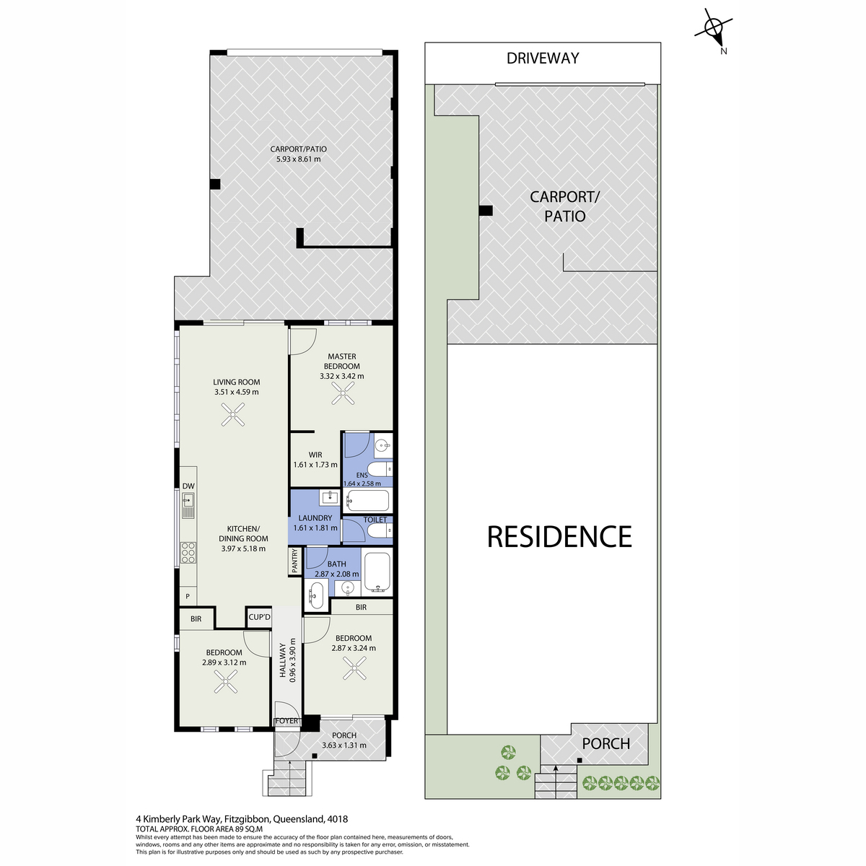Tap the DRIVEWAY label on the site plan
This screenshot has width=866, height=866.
543,58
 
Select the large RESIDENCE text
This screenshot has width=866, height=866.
559,537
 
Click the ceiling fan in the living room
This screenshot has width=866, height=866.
233,414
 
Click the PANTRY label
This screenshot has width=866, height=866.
295,561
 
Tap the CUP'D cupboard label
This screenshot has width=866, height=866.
259,617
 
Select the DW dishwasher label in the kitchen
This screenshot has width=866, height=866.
188,486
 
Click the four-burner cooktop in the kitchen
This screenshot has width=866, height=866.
188,553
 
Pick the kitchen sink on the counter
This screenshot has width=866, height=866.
188,506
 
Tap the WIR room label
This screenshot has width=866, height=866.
315,455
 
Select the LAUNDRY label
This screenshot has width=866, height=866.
315,518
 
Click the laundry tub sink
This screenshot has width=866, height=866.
330,497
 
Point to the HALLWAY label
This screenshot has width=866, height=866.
283,660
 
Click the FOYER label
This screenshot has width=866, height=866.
287,721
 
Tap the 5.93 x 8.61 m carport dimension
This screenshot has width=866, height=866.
298,159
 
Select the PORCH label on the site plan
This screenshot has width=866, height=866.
605,744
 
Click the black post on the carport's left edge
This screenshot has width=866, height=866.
215,184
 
